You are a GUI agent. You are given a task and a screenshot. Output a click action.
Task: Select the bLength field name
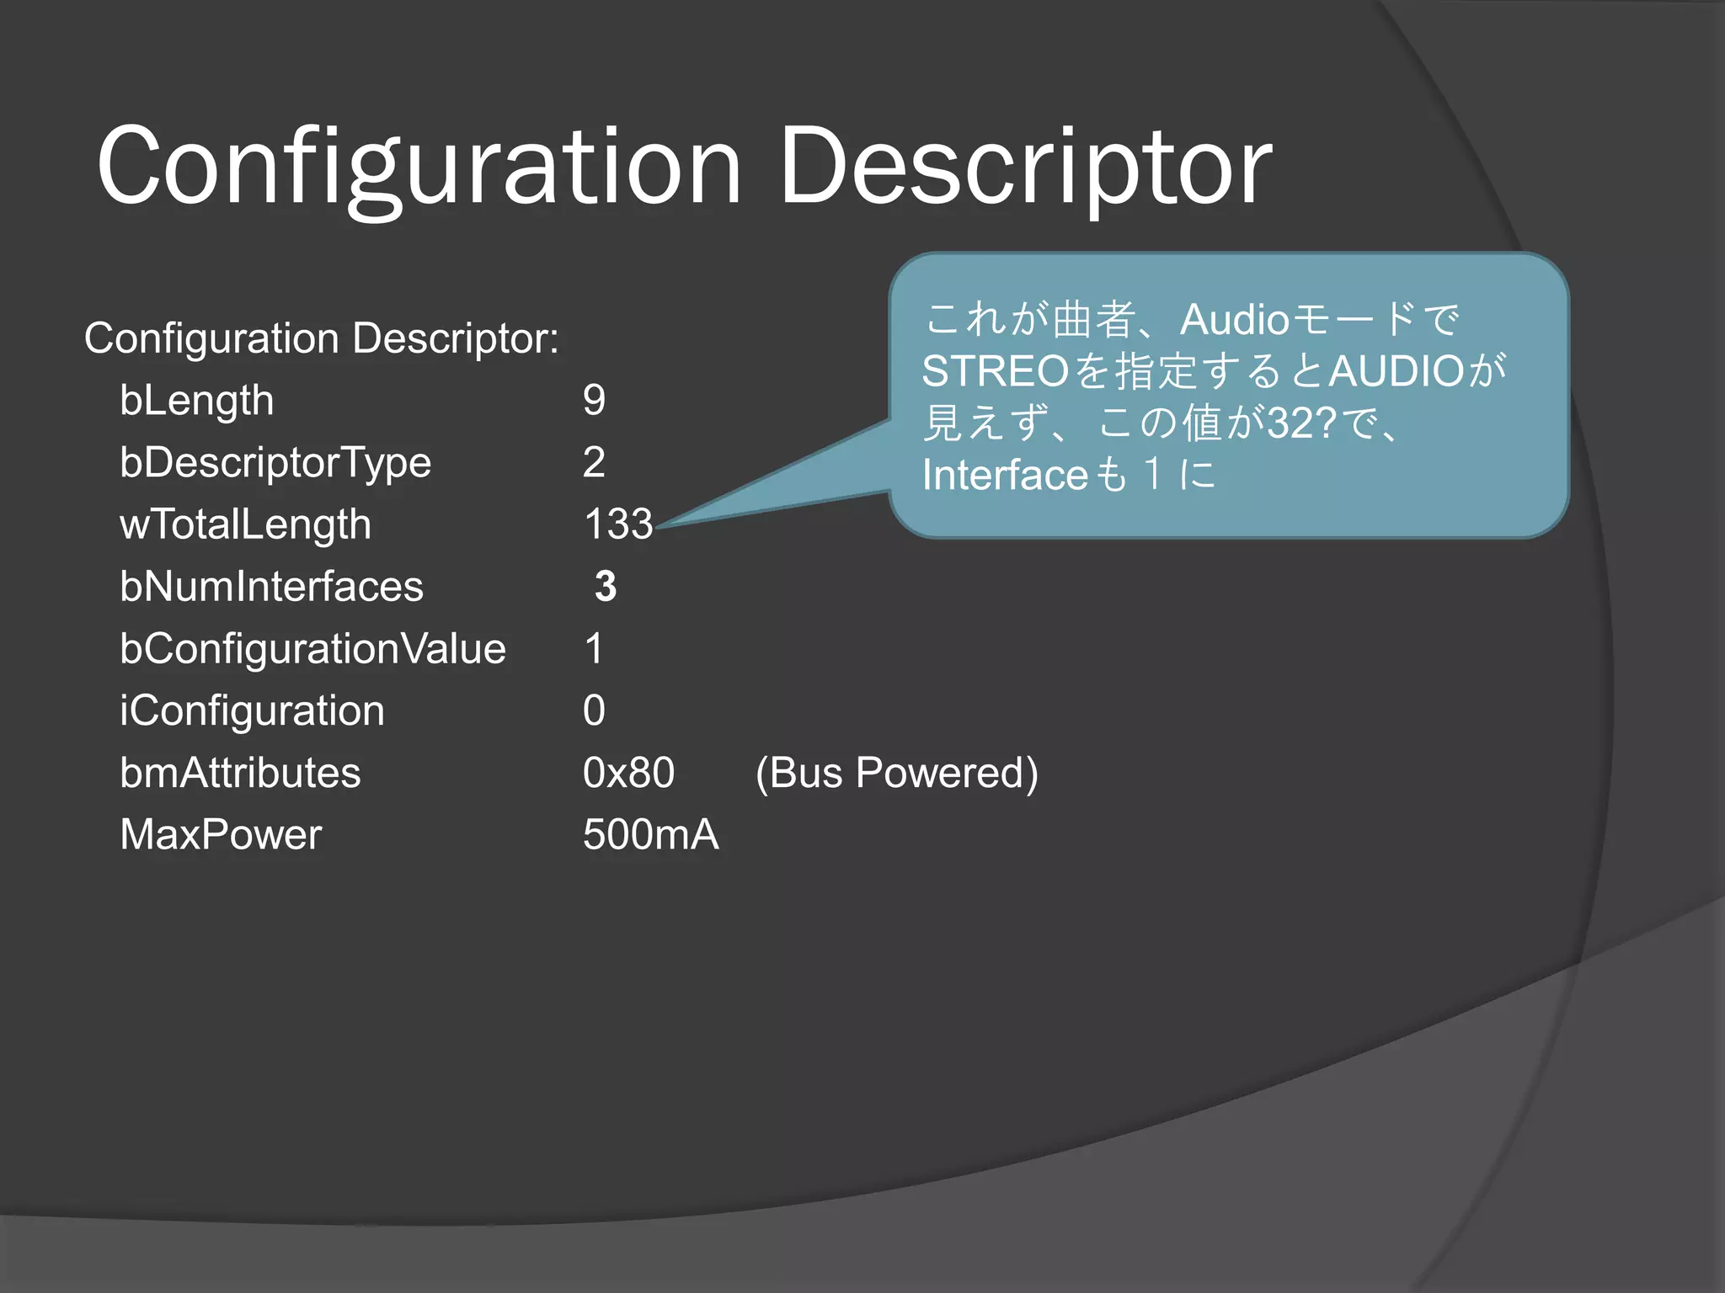point(197,400)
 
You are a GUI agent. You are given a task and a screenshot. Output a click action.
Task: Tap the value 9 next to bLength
point(594,400)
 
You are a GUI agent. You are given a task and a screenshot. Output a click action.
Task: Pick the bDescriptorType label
point(275,462)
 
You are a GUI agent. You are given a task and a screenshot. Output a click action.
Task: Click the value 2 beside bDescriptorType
point(594,462)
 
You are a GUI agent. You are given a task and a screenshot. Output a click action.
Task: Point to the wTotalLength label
point(245,524)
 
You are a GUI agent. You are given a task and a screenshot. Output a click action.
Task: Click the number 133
point(618,524)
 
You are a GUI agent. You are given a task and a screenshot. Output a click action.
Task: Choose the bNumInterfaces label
point(271,587)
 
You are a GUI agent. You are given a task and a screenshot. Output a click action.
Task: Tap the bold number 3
point(606,587)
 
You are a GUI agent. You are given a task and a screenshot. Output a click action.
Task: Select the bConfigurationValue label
point(312,649)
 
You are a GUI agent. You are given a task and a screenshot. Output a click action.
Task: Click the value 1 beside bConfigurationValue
point(594,649)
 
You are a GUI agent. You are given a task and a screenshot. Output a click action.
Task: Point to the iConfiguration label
point(252,711)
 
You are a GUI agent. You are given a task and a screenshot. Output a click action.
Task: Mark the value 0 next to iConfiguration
point(594,711)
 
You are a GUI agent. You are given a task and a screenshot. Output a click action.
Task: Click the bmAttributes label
point(240,773)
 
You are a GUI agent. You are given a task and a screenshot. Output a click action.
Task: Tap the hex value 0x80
point(628,773)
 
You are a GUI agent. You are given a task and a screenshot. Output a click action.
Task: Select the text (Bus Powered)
point(896,773)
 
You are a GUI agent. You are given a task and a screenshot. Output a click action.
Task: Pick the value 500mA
point(650,835)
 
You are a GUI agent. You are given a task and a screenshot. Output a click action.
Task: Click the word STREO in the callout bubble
point(995,371)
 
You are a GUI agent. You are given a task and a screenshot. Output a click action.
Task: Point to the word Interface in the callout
point(1006,475)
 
